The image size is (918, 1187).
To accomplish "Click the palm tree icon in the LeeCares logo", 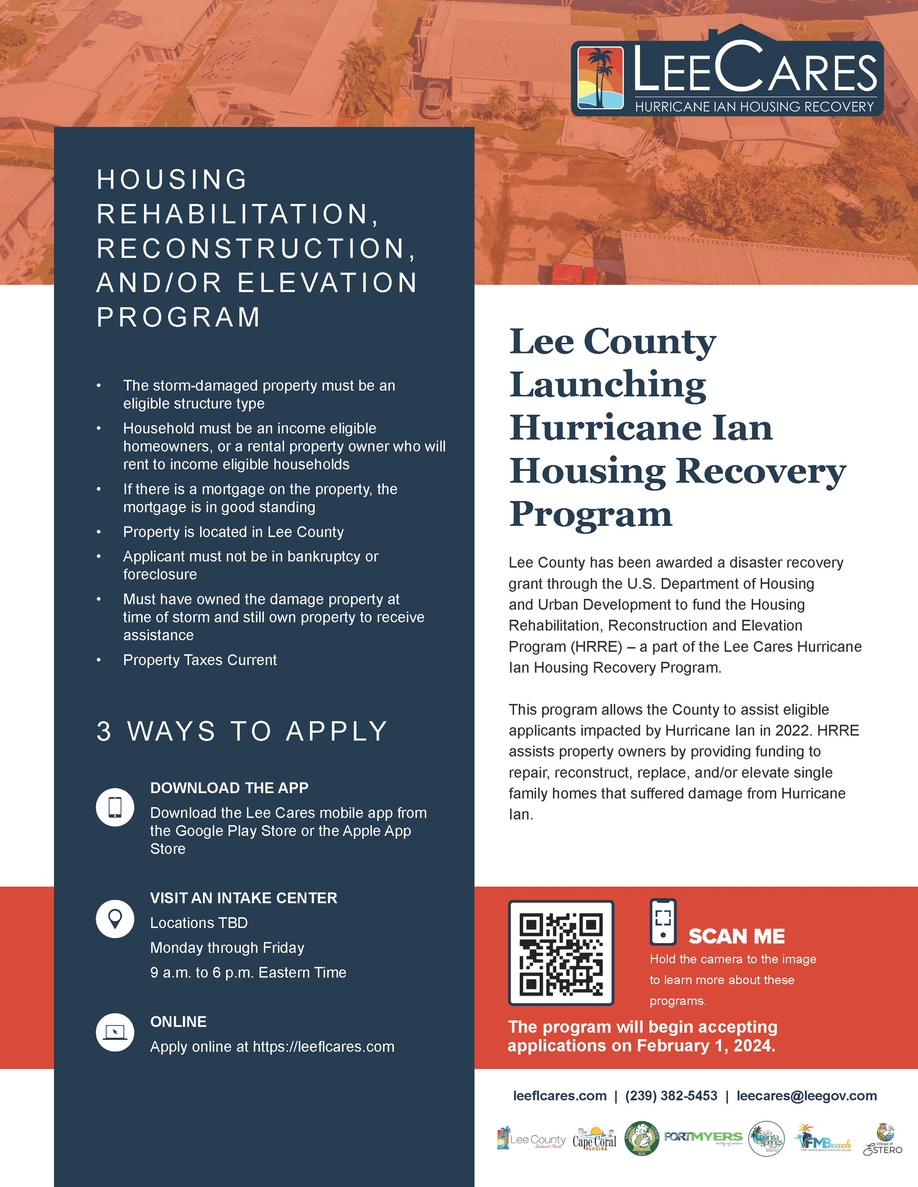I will (600, 78).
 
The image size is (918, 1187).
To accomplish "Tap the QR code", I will (561, 953).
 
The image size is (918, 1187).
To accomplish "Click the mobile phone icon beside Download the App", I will (115, 807).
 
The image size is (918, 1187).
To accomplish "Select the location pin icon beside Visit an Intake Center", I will (115, 919).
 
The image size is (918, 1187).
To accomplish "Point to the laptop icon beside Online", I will (115, 1032).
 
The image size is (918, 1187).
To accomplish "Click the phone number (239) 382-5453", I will (671, 1096).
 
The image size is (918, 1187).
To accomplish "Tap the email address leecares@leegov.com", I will (807, 1096).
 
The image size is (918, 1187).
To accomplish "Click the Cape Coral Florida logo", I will (594, 1139).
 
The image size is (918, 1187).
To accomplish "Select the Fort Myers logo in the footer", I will (703, 1138).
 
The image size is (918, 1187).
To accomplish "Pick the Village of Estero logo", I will (883, 1140).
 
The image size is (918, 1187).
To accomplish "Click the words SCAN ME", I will (736, 936).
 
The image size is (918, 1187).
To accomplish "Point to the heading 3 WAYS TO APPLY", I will (242, 731).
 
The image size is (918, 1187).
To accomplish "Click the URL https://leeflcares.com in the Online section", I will (324, 1046).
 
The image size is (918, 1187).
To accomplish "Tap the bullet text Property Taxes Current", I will (200, 660).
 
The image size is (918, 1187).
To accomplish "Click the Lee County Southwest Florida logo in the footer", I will (531, 1139).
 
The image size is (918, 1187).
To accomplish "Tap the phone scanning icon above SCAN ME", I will (663, 921).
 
